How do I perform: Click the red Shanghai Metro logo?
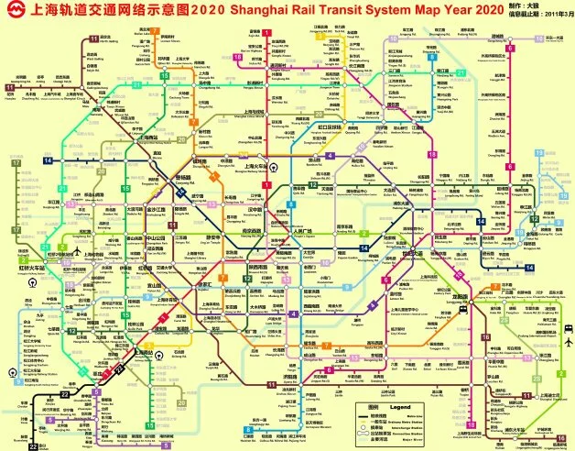[12, 11]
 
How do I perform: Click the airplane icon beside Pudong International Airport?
[569, 341]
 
